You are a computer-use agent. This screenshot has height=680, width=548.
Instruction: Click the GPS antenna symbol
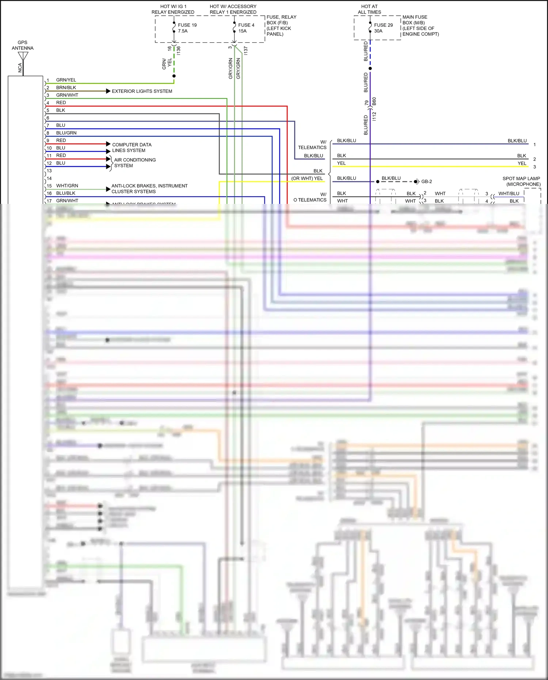(x=23, y=56)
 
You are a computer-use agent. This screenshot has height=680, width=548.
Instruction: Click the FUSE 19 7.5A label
(x=187, y=28)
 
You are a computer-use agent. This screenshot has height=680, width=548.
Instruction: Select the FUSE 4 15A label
(x=246, y=28)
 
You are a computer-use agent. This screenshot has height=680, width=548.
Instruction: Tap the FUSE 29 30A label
(x=383, y=28)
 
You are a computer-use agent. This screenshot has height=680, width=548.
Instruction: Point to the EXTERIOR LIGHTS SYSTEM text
(x=142, y=91)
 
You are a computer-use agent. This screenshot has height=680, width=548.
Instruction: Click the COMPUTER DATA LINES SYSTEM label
(x=132, y=148)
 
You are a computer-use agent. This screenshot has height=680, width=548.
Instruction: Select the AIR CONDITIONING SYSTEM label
(x=134, y=163)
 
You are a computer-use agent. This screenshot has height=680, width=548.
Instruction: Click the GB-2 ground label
(x=426, y=182)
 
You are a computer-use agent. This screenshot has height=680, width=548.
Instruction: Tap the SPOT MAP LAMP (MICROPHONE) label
(x=521, y=182)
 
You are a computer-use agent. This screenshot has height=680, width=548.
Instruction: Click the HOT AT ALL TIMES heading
(x=369, y=10)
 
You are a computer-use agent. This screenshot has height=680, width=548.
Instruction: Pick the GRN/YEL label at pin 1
(x=66, y=80)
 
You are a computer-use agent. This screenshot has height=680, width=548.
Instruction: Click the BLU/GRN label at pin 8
(x=66, y=133)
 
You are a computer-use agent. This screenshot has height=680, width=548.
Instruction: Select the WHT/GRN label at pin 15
(x=67, y=186)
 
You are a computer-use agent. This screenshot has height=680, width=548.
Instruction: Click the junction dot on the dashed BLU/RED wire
(x=370, y=68)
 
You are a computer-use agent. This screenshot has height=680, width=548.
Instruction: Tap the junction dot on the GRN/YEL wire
(x=174, y=76)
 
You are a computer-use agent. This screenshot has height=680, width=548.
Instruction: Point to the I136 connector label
(x=179, y=51)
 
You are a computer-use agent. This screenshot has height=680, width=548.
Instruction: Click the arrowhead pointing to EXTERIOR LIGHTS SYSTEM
(x=108, y=91)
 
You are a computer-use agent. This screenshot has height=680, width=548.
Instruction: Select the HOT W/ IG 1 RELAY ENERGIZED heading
(x=173, y=10)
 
